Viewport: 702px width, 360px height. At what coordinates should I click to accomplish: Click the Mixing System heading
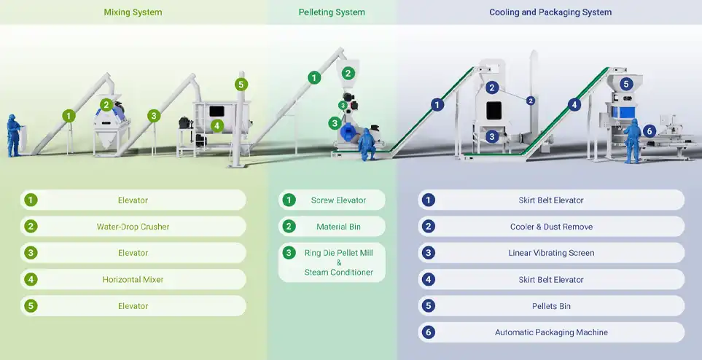click(x=133, y=12)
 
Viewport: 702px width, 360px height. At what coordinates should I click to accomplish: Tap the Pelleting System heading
click(x=332, y=12)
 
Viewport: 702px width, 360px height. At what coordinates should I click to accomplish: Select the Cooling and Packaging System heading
click(x=550, y=12)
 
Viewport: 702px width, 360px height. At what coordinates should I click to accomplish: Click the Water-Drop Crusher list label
click(x=133, y=227)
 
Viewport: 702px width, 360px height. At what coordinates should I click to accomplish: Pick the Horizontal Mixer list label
click(x=133, y=279)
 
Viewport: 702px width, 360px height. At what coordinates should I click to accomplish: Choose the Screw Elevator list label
click(x=338, y=200)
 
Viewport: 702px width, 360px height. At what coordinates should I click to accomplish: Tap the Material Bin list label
click(x=338, y=227)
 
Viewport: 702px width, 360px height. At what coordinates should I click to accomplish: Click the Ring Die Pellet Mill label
click(x=338, y=253)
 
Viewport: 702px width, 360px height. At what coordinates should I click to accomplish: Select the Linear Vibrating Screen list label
click(x=551, y=253)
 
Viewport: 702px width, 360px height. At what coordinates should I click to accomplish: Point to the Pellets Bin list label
click(x=551, y=306)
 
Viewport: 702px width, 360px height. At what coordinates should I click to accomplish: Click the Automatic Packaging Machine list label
click(x=551, y=332)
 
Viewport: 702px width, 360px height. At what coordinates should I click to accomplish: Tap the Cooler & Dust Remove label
click(x=551, y=227)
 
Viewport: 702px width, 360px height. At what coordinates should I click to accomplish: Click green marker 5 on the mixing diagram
click(x=241, y=85)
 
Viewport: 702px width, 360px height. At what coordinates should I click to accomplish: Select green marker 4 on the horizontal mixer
click(x=217, y=125)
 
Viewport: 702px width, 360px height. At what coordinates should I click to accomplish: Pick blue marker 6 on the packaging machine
click(x=650, y=131)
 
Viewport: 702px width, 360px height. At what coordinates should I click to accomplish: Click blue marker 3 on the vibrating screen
click(x=492, y=136)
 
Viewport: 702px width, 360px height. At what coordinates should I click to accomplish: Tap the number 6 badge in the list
click(x=429, y=332)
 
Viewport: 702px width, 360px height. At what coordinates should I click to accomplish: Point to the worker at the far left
click(x=13, y=135)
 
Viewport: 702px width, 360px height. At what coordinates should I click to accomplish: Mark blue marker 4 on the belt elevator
click(x=574, y=105)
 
